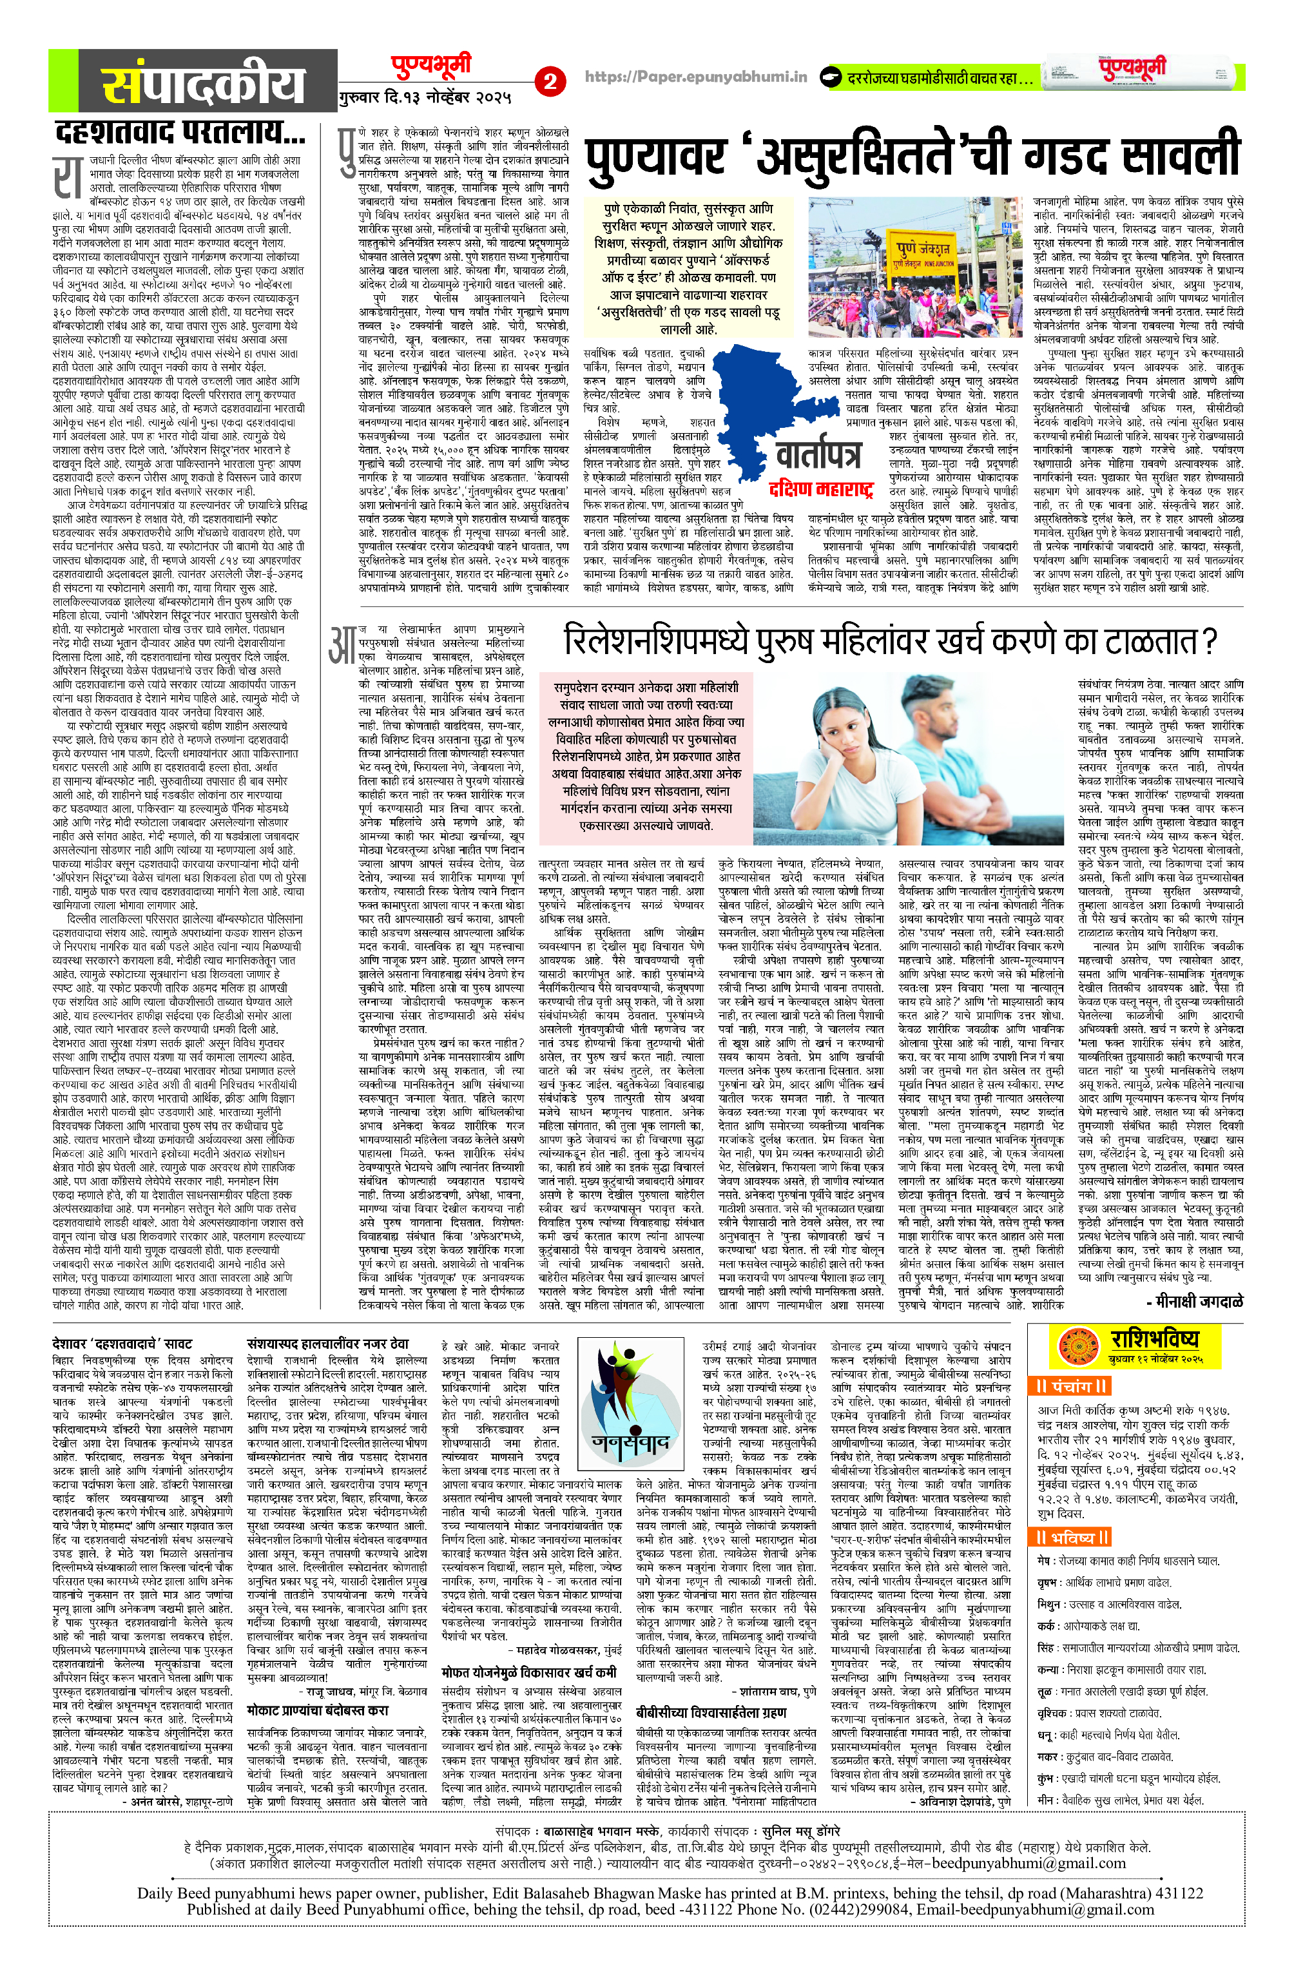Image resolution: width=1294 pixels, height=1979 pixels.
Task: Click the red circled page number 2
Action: tap(549, 81)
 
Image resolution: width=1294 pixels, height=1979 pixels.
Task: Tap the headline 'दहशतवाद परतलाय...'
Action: tap(180, 133)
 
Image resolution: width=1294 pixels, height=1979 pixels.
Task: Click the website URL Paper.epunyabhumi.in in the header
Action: tap(695, 77)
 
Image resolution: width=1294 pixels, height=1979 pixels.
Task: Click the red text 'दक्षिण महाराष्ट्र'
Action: tap(821, 488)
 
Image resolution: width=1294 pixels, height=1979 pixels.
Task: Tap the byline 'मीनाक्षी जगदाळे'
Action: tap(1195, 1301)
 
